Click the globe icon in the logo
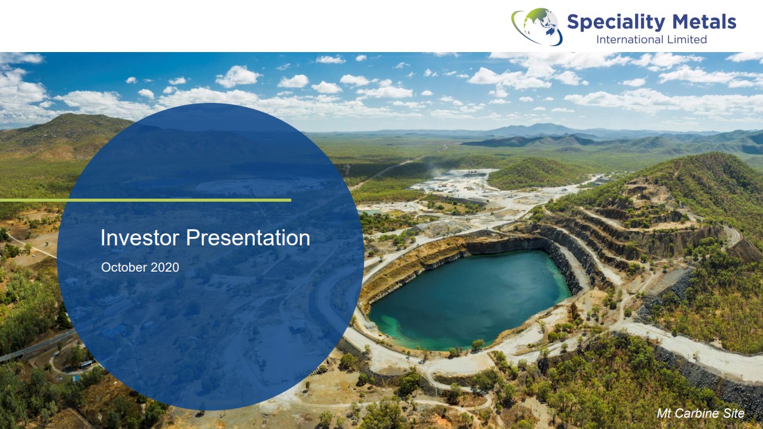tap(537, 26)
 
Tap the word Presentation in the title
tap(248, 238)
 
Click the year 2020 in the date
tap(165, 267)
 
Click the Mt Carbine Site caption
tap(701, 413)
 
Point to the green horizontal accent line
tap(145, 200)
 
